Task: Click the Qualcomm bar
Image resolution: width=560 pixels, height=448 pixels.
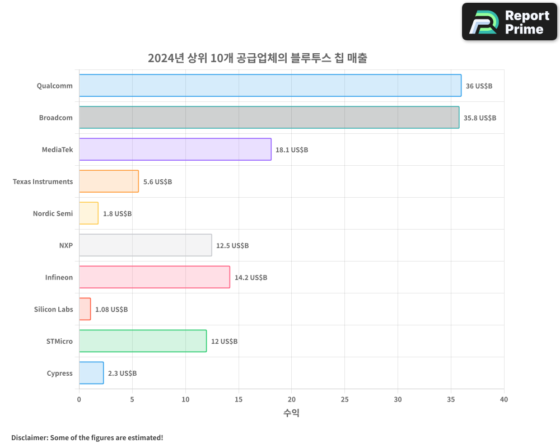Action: [x=270, y=86]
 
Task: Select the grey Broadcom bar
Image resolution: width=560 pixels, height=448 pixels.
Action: [x=269, y=118]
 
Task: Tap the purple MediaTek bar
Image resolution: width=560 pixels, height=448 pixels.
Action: [x=175, y=150]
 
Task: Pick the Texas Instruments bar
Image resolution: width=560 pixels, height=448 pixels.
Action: [x=109, y=181]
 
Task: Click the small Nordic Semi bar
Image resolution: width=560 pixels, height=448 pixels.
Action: [x=88, y=213]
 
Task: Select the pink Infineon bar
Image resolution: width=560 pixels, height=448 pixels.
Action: [x=154, y=277]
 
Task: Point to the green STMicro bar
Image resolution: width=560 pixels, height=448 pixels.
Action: [x=142, y=341]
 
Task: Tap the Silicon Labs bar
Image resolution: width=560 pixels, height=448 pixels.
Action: [x=85, y=309]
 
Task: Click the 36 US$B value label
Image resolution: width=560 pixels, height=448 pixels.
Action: [x=479, y=86]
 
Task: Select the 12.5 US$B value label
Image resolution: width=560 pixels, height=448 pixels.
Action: [x=232, y=246]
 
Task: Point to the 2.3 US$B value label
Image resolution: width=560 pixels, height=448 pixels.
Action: [x=122, y=374]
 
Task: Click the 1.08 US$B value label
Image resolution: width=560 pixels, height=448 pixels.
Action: [x=111, y=310]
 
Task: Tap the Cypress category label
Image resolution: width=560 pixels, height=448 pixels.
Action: [x=59, y=374]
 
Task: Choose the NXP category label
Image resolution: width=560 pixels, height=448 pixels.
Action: [x=66, y=246]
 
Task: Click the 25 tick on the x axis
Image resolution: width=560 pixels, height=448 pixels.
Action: [x=344, y=399]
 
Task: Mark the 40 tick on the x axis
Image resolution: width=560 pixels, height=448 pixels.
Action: [x=504, y=399]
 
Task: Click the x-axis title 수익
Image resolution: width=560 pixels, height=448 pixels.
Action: [x=291, y=413]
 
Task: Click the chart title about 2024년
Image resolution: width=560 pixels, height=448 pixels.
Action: [x=257, y=58]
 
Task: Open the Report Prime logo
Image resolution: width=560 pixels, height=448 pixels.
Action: [x=510, y=22]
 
